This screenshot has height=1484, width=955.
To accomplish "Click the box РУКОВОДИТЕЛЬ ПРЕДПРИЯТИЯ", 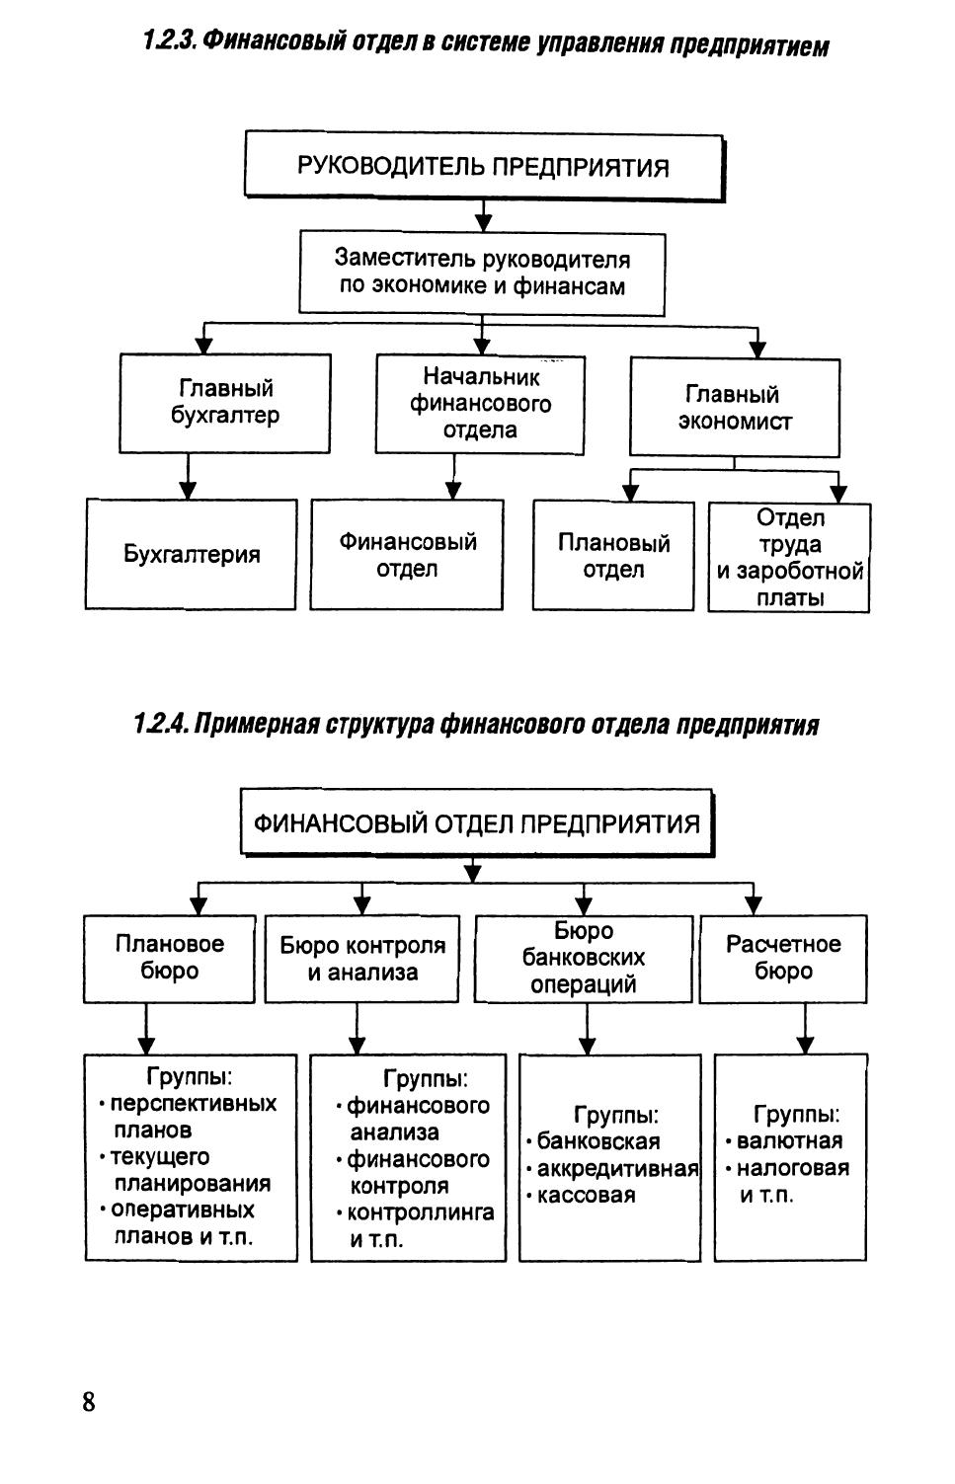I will point(483,166).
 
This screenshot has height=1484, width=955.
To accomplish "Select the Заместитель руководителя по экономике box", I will point(482,273).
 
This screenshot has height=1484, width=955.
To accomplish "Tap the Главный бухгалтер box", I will point(225,402).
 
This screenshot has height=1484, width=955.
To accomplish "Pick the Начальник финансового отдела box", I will point(480,404).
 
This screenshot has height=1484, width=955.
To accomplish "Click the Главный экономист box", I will point(735,408).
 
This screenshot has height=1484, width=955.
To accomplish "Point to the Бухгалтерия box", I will point(191,554).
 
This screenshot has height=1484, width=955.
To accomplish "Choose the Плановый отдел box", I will point(613,556).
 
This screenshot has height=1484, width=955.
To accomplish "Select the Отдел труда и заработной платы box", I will point(789,558).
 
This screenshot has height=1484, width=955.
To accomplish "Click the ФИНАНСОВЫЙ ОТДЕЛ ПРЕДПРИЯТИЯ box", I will point(476,823).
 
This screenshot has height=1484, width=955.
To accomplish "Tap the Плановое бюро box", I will point(170,958).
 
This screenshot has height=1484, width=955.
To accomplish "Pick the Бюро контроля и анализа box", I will point(361,959).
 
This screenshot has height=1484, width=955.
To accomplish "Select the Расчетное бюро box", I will point(783,958).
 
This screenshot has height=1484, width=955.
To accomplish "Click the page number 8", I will point(89,1402).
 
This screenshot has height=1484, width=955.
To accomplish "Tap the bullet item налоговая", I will point(792,1169).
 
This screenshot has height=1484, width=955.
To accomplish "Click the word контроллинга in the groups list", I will point(421,1213).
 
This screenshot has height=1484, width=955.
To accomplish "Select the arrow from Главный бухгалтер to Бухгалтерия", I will point(188,476).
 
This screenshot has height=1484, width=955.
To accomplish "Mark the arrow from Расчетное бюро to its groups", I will point(805,1029).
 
